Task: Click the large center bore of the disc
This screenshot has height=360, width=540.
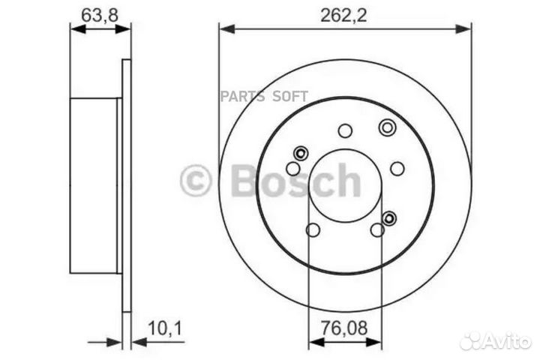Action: click(345, 184)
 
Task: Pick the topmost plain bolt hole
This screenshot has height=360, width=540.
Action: click(345, 131)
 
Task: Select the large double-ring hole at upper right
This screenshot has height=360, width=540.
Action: click(387, 127)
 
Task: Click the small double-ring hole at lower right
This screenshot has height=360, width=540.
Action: click(389, 217)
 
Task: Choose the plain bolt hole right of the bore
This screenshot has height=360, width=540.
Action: click(397, 168)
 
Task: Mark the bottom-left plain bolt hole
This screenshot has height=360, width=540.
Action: click(313, 229)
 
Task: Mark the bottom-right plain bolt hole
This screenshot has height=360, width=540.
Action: click(376, 229)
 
